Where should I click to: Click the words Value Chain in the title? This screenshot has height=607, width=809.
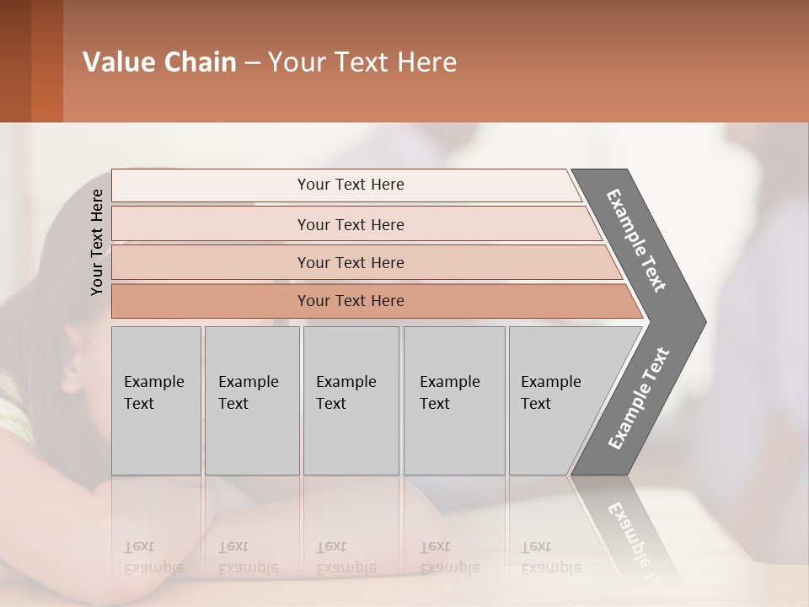click(x=159, y=62)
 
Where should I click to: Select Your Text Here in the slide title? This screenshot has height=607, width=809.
click(x=362, y=62)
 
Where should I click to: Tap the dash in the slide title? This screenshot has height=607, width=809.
click(x=252, y=63)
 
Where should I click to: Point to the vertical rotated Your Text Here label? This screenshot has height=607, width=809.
click(x=97, y=242)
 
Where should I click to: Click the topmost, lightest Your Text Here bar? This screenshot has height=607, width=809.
click(x=350, y=185)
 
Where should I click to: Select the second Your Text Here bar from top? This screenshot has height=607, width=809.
click(x=350, y=224)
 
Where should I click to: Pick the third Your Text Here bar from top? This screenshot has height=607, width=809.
click(x=350, y=262)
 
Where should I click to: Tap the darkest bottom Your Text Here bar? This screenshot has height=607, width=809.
click(x=350, y=301)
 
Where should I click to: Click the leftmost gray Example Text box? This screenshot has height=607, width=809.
click(x=156, y=400)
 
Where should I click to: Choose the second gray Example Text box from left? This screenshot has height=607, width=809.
click(x=251, y=400)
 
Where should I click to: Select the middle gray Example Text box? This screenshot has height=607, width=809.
click(x=351, y=400)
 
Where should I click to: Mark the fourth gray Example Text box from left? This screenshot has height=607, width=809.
click(x=453, y=400)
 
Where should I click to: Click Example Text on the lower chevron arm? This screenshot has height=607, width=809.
click(x=639, y=398)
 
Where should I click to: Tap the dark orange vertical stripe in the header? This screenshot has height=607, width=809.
click(x=47, y=61)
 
